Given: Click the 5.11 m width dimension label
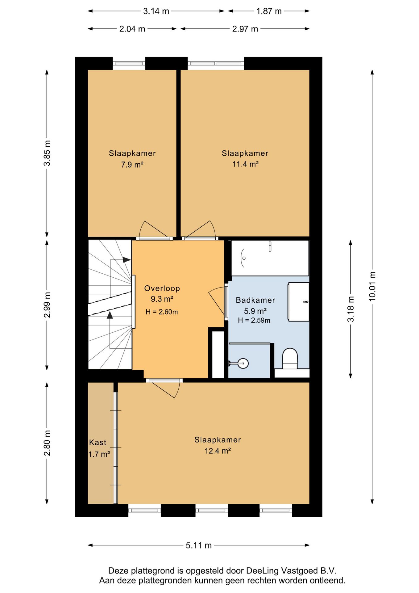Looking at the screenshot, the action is [x=199, y=545].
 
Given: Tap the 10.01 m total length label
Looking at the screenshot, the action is [x=372, y=286].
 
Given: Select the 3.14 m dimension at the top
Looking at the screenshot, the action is [x=156, y=11].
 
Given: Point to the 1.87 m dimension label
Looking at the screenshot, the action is [x=269, y=11].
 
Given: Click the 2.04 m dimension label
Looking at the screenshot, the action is [x=132, y=29].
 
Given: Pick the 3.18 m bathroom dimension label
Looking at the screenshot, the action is [x=351, y=309].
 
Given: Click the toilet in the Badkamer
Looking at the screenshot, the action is [x=290, y=359].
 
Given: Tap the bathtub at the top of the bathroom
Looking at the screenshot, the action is [x=270, y=258].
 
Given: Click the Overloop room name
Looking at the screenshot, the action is [x=162, y=288].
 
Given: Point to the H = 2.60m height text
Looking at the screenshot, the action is [x=162, y=312].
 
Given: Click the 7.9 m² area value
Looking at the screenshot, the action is [x=132, y=165].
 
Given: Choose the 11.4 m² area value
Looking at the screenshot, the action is [x=245, y=164].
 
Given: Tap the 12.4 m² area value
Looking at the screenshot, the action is [x=218, y=451].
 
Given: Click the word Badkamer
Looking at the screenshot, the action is [x=255, y=300].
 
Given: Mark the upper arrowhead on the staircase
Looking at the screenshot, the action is [x=127, y=260].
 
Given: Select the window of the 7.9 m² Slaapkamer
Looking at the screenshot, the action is [x=129, y=63].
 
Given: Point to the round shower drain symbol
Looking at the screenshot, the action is [x=243, y=363].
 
